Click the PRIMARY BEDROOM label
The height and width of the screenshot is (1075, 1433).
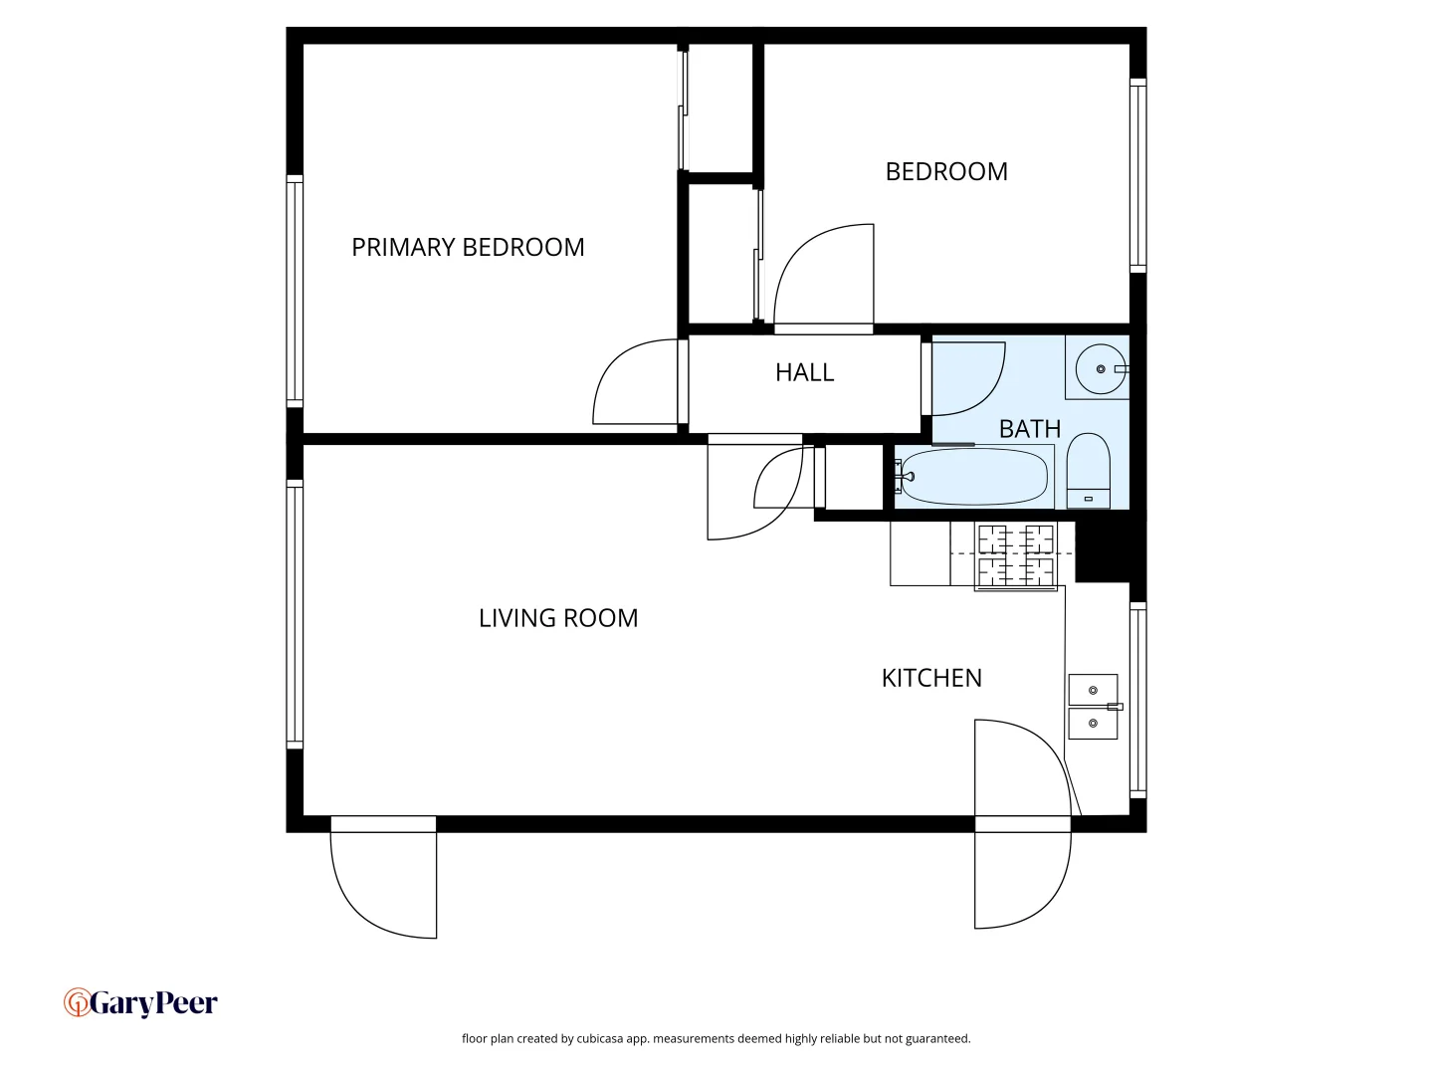point(468,247)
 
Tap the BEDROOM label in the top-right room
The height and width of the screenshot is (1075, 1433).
point(946,171)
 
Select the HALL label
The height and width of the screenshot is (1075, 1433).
point(804,372)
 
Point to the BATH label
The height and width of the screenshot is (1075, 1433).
point(1029,429)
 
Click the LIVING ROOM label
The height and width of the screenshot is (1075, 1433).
point(558,618)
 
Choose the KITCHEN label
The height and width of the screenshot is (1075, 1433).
point(931,678)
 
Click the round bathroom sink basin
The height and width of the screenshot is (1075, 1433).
point(1100,369)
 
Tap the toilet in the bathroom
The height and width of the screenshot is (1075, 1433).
point(1088,471)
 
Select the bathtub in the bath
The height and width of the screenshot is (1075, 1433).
point(972,477)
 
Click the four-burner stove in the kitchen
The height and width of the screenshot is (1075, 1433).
point(1015,555)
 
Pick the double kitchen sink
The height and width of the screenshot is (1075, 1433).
point(1093,707)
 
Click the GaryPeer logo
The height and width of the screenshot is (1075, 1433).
point(140,1003)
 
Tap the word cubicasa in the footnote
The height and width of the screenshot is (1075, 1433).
point(600,1038)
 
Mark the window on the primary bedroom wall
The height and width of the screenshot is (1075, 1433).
point(295,291)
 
